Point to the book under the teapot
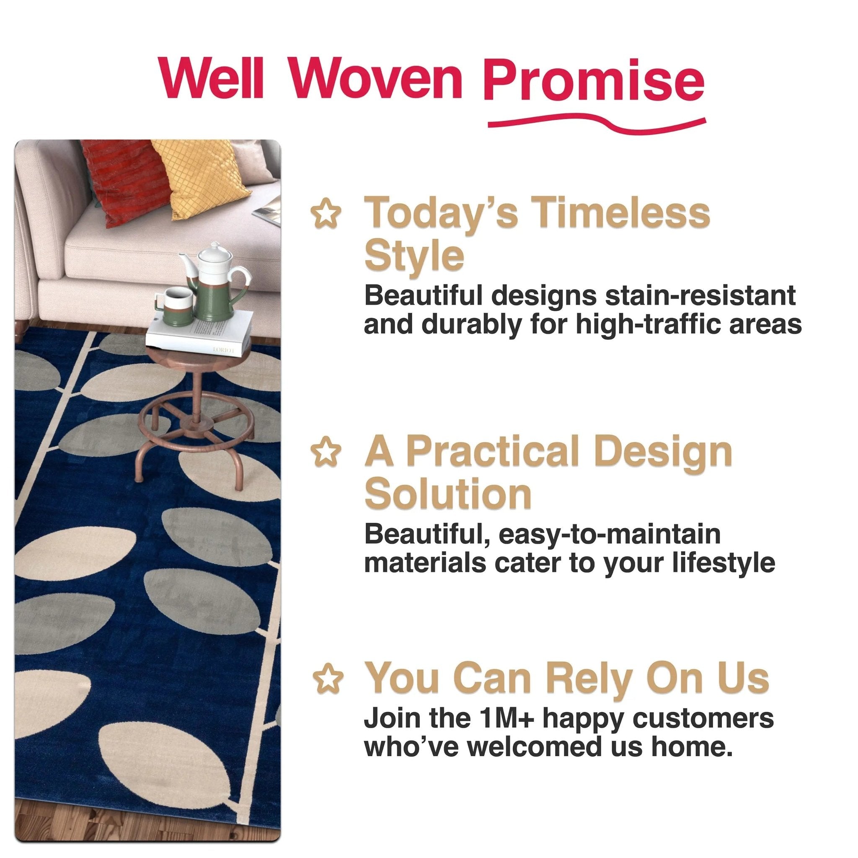tap(200, 331)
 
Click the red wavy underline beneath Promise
tap(595, 125)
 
